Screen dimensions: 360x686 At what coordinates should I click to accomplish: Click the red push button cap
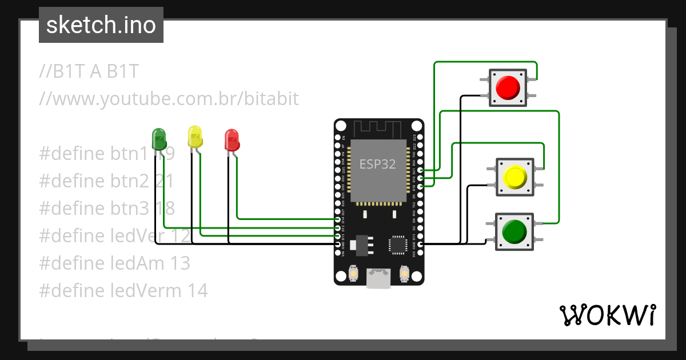pos(508,87)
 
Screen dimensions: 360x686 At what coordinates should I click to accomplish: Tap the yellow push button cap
pos(514,178)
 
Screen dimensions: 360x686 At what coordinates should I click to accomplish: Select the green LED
pos(158,138)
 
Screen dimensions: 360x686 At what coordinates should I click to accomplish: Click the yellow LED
pos(195,137)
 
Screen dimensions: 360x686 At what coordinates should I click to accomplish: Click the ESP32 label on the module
pos(377,165)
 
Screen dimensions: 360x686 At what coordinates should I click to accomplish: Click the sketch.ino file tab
pos(101,25)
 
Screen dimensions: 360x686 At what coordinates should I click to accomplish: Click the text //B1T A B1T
pos(89,71)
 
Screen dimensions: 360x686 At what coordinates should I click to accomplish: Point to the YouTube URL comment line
pos(169,98)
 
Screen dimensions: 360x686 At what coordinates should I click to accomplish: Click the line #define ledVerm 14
pos(123,290)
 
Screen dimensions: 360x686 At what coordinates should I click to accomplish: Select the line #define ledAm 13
pos(114,263)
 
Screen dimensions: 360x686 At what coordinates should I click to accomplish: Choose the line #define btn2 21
pos(106,181)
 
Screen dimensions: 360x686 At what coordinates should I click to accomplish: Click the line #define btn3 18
pos(107,208)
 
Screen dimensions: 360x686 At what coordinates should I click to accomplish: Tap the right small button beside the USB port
pos(404,274)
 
